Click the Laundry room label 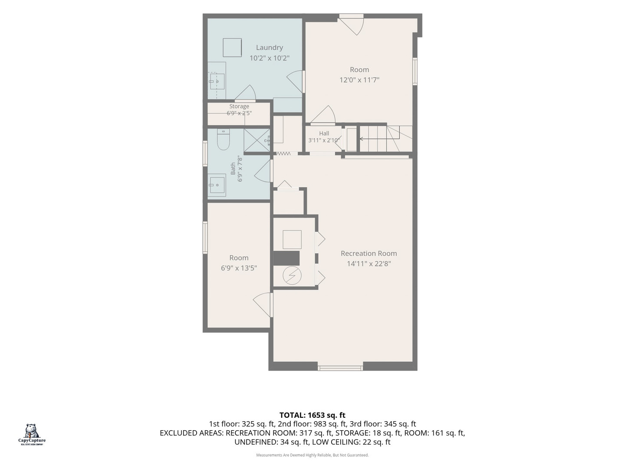click(x=269, y=48)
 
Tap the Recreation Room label click(x=368, y=253)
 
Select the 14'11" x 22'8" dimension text click(x=368, y=264)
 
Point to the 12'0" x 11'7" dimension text click(x=359, y=80)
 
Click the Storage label click(x=239, y=106)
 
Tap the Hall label click(x=324, y=133)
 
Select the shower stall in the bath click(x=257, y=140)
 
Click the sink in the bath click(x=217, y=185)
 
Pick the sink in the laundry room click(x=217, y=81)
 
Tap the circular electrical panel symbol click(x=292, y=275)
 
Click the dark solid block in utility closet click(x=286, y=258)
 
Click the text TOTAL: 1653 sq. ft click(x=312, y=415)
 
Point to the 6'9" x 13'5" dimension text click(x=239, y=268)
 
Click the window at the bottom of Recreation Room click(x=340, y=368)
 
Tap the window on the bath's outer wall click(x=205, y=153)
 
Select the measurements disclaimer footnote click(x=312, y=455)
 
